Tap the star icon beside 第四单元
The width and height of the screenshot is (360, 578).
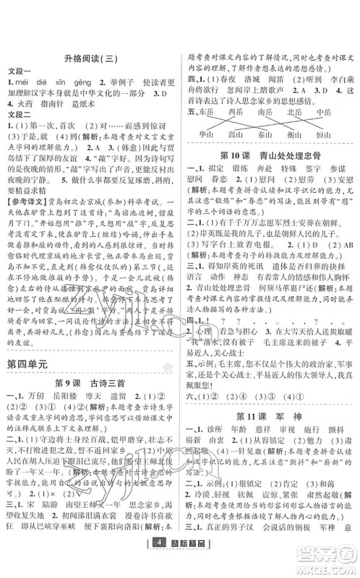click(169, 369)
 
